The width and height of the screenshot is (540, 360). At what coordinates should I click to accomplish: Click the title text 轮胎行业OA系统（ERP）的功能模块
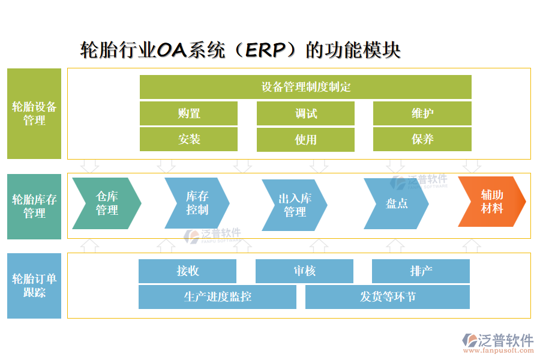tap(241, 50)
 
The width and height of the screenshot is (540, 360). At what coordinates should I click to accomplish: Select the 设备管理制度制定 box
tap(305, 87)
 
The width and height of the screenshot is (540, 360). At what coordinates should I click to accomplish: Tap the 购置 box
tap(188, 113)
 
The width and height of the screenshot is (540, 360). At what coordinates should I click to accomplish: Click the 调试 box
tap(305, 113)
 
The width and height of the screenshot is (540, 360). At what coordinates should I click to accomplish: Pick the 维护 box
tap(422, 113)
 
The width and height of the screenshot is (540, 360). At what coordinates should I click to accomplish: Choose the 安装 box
tap(188, 139)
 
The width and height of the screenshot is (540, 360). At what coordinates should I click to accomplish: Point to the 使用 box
tap(305, 140)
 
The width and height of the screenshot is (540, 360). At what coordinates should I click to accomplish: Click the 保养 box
tap(422, 139)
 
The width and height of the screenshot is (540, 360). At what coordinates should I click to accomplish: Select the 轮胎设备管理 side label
tap(34, 113)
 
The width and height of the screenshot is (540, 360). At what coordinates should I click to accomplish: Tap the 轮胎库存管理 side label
tap(34, 206)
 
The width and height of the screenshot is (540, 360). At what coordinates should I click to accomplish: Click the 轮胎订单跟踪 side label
tap(34, 286)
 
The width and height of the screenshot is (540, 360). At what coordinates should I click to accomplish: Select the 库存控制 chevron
tap(196, 203)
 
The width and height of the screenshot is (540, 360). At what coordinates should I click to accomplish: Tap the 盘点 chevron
tap(396, 203)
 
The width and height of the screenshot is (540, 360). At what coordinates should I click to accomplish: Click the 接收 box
tap(187, 271)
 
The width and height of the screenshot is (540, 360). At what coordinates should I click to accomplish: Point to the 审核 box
tap(304, 271)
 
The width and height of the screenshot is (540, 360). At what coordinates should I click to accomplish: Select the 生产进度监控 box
tap(217, 297)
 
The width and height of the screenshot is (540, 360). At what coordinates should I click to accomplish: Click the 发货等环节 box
tap(388, 297)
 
